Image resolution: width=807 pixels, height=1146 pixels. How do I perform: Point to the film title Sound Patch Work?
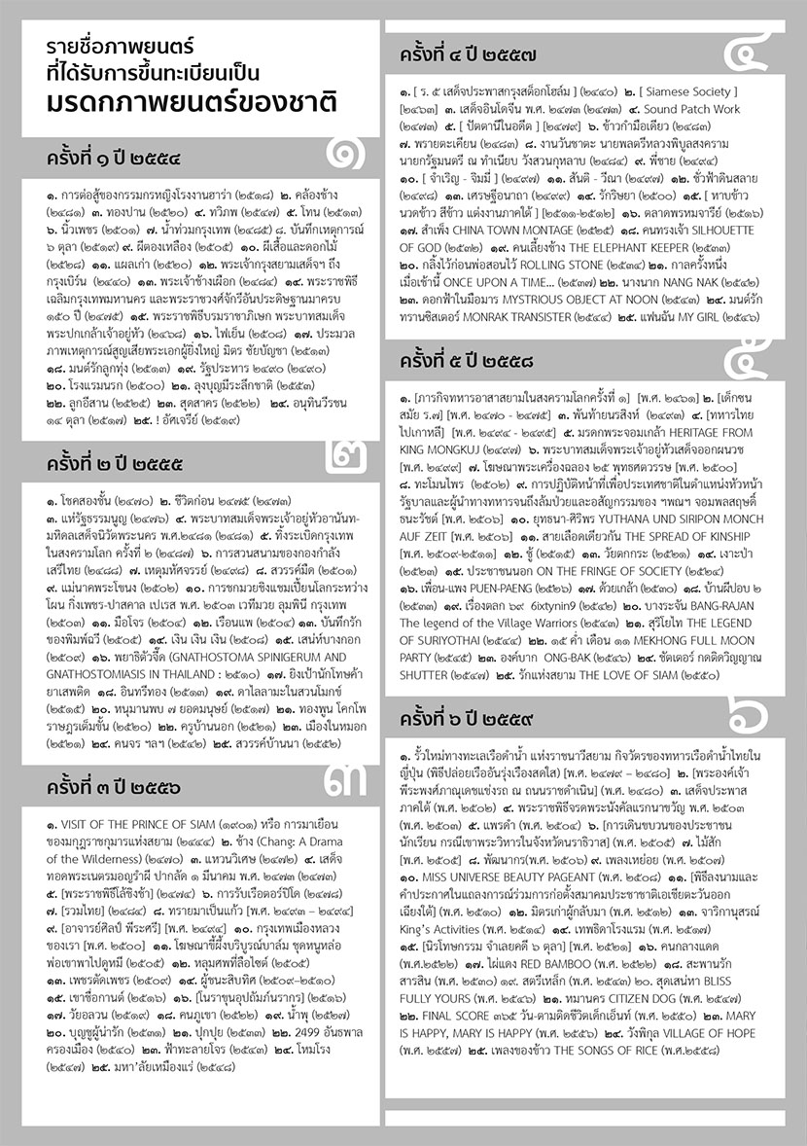click(x=691, y=109)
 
